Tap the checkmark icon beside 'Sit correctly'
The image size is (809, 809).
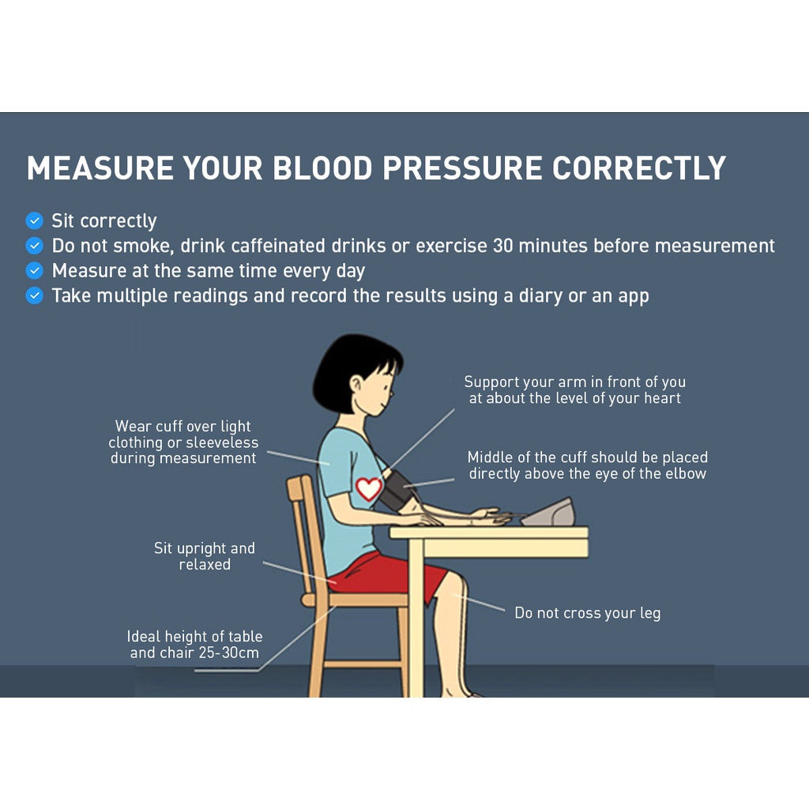point(34,220)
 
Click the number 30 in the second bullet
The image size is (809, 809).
point(504,246)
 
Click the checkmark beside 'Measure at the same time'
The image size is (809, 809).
point(34,270)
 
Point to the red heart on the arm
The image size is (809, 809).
point(368,488)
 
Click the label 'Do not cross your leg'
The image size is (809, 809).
point(587,613)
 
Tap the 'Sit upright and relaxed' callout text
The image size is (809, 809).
point(204,556)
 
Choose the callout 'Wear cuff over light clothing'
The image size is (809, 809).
point(183,442)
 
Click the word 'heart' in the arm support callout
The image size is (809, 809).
point(662,398)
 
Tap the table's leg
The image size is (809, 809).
point(416,624)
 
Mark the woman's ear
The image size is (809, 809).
point(357,385)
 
